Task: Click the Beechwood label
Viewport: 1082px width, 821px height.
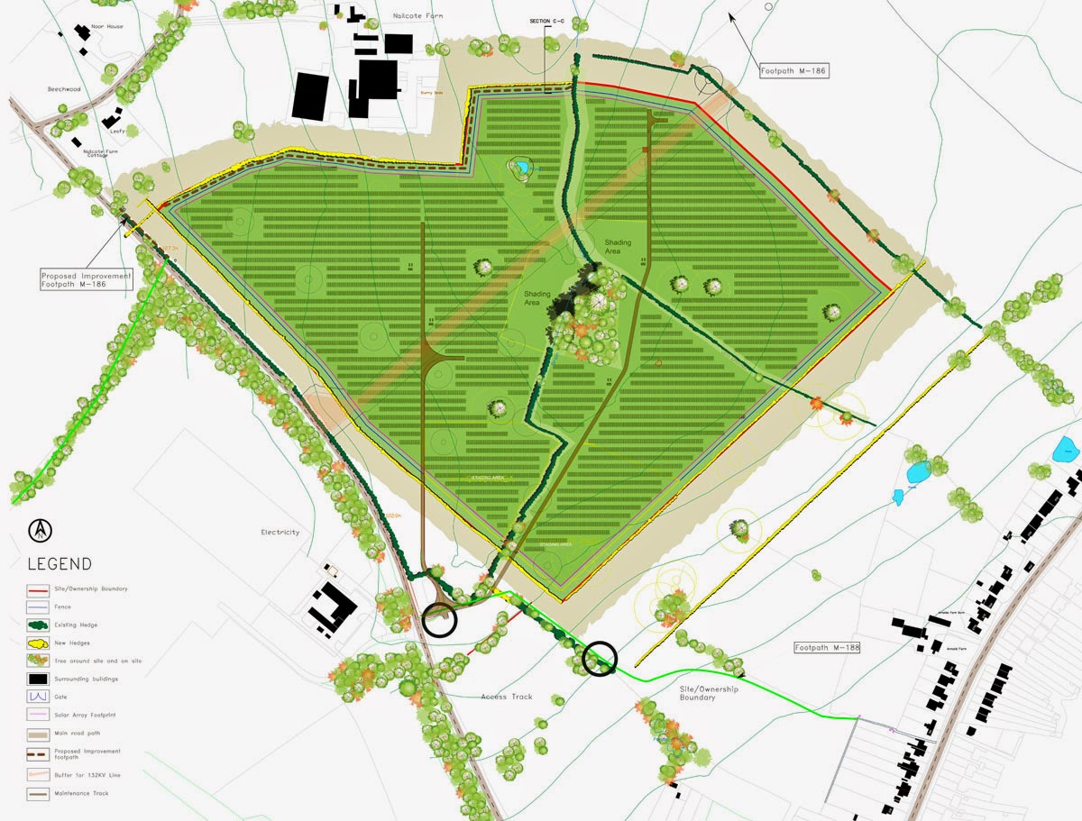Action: pyautogui.click(x=65, y=89)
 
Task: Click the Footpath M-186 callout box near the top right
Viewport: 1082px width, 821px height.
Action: pyautogui.click(x=793, y=69)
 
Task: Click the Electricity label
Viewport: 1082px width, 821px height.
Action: pyautogui.click(x=280, y=533)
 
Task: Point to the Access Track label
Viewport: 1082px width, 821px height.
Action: pyautogui.click(x=507, y=697)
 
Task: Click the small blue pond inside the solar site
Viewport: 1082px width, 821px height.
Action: pyautogui.click(x=522, y=167)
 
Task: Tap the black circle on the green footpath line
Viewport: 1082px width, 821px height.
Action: pyautogui.click(x=600, y=660)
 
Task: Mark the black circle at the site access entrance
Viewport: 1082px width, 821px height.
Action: pyautogui.click(x=440, y=618)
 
